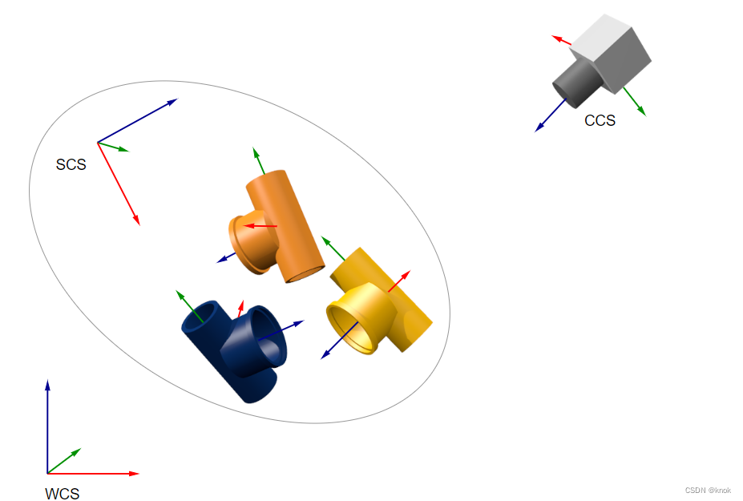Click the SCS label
(71, 165)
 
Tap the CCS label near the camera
(600, 121)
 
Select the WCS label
(63, 494)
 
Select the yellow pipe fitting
(385, 305)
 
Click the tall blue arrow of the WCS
(47, 425)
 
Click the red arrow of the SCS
(119, 185)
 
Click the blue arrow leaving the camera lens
(551, 114)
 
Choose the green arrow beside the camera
(634, 100)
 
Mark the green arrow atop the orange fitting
(258, 160)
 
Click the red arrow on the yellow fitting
(399, 281)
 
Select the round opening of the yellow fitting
(352, 324)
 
